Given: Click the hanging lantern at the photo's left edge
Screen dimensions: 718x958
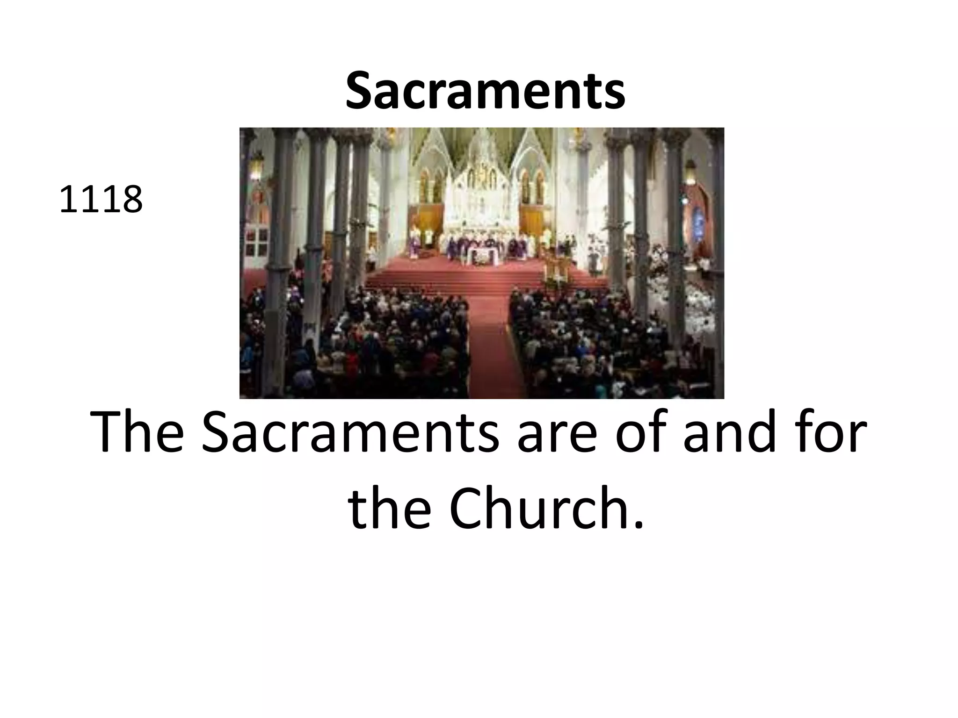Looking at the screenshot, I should coord(255,165).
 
